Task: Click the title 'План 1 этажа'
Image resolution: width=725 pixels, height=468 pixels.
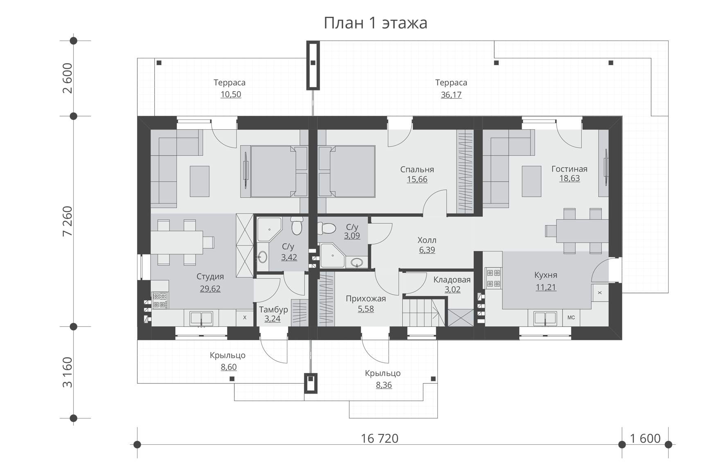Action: (375, 23)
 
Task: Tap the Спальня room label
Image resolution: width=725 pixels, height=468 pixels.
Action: (417, 169)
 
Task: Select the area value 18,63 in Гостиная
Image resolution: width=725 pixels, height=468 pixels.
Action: (569, 178)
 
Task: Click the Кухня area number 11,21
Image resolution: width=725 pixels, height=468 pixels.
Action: (546, 287)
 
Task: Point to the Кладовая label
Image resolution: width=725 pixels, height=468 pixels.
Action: (452, 280)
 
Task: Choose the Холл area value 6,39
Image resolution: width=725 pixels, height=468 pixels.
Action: (427, 250)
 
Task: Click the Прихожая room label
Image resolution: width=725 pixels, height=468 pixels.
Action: (366, 299)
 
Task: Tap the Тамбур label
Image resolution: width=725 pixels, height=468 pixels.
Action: (273, 310)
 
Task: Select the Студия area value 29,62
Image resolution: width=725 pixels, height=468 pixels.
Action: (210, 289)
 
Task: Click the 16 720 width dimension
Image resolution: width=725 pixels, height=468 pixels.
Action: (380, 439)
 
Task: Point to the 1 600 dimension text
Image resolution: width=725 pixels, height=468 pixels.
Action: (645, 439)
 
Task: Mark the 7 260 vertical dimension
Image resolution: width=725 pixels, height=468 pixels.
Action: (68, 221)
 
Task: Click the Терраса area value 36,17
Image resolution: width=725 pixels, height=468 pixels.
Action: (451, 95)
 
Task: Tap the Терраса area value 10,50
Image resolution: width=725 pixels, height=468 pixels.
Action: (231, 94)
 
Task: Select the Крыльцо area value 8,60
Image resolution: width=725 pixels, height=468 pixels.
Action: (228, 367)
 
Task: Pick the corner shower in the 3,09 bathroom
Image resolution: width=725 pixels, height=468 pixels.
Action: (332, 256)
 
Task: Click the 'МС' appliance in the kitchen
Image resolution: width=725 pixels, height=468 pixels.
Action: (571, 317)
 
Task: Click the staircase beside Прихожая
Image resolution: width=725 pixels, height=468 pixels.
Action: (423, 312)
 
